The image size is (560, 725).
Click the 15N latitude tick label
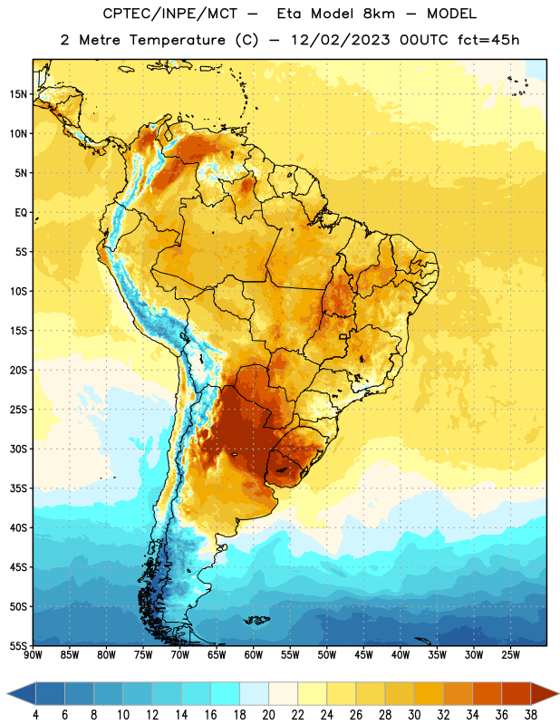click(18, 94)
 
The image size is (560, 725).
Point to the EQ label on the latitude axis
click(21, 213)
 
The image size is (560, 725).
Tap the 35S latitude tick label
click(18, 488)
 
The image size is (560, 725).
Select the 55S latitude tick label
click(18, 645)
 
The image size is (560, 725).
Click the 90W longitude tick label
click(33, 654)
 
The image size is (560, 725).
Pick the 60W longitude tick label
click(254, 654)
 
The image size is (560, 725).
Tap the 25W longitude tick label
click(510, 654)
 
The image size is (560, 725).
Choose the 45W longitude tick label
click(363, 654)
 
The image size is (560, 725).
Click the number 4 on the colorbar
click(35, 715)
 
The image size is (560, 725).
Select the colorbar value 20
click(268, 715)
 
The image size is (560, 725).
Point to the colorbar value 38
click(531, 715)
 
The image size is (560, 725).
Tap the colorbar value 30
click(414, 715)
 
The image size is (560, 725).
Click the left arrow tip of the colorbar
click(7, 693)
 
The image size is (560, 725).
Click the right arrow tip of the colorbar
click(559, 693)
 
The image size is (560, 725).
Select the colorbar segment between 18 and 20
click(255, 693)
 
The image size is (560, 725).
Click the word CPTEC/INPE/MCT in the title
click(170, 14)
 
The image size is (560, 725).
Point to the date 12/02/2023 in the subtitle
click(341, 40)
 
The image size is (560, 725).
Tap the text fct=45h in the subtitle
click(488, 40)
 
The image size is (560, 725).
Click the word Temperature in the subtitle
click(177, 40)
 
